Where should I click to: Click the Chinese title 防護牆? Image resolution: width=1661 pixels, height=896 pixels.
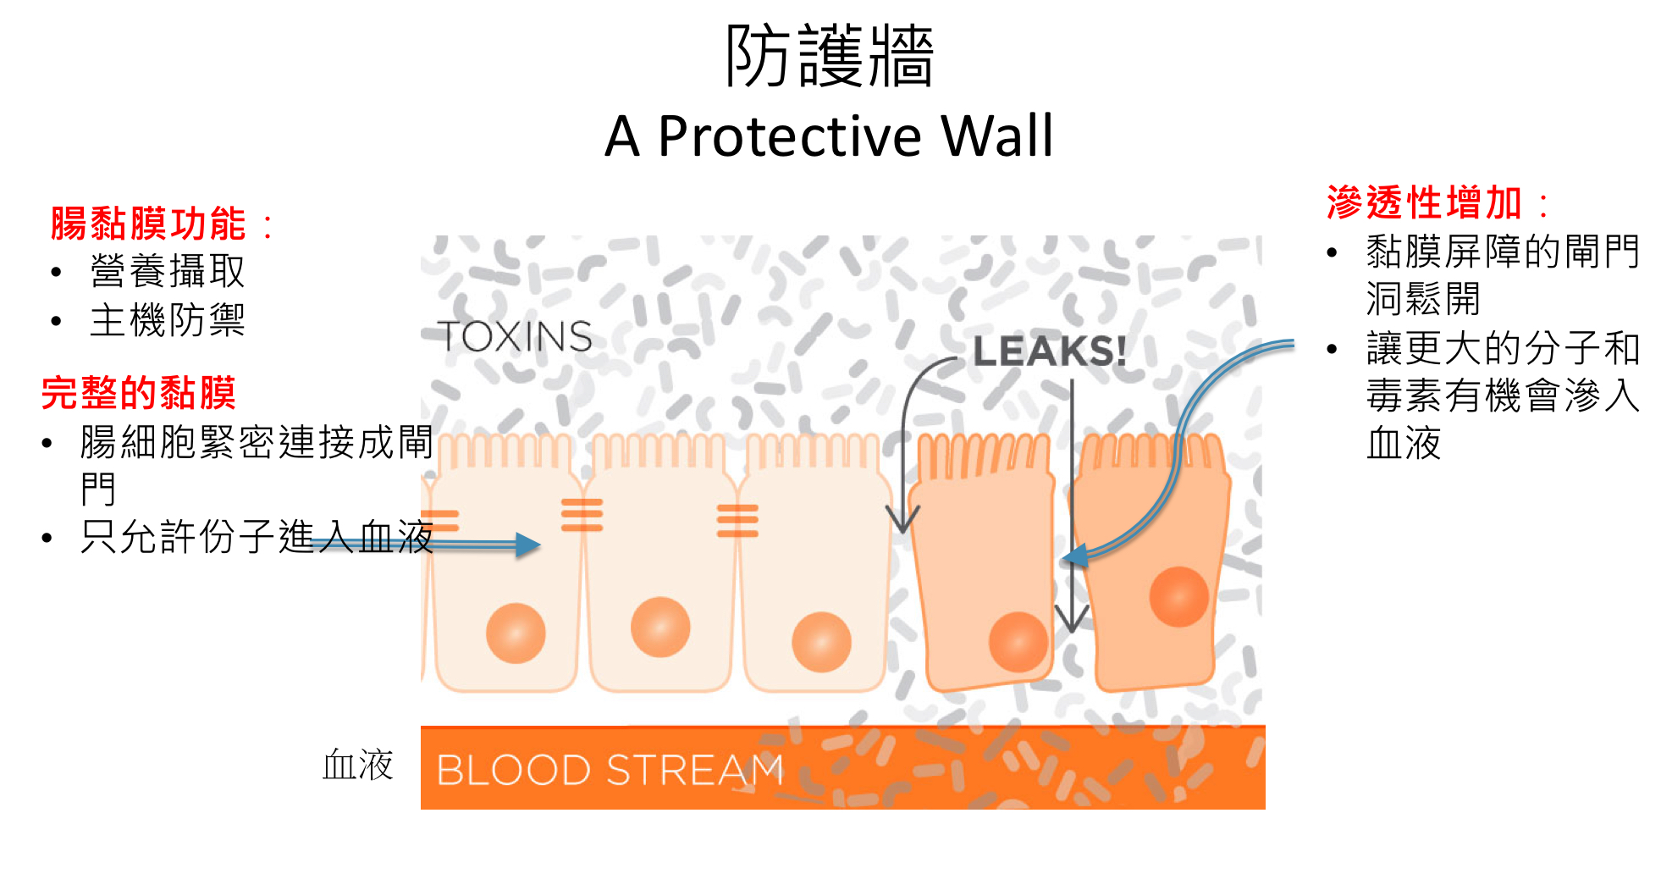click(829, 56)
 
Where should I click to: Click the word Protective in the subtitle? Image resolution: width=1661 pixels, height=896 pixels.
click(789, 136)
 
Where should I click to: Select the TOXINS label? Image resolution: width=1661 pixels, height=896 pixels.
click(515, 336)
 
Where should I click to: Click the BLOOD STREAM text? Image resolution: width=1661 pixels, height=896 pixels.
click(610, 770)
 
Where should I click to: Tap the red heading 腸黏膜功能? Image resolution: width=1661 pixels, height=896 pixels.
click(148, 224)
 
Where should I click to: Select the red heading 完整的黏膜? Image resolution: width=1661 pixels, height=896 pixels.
click(138, 393)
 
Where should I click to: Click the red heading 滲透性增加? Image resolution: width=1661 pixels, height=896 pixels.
click(1424, 203)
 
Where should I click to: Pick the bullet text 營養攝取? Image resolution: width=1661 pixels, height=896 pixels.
click(168, 272)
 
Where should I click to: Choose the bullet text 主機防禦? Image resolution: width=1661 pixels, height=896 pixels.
click(168, 321)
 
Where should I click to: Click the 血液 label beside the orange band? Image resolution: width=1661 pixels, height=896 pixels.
click(357, 765)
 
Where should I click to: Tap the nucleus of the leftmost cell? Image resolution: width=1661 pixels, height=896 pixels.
click(516, 633)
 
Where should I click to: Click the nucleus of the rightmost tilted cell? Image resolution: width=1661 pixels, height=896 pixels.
click(1178, 596)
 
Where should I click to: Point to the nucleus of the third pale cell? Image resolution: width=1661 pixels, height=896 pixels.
click(820, 642)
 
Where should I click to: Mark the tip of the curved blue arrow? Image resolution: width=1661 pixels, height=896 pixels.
click(1068, 558)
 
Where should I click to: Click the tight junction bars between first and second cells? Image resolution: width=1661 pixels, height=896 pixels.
click(582, 515)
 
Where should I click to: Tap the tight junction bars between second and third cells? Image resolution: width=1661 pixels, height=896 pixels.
click(737, 520)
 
